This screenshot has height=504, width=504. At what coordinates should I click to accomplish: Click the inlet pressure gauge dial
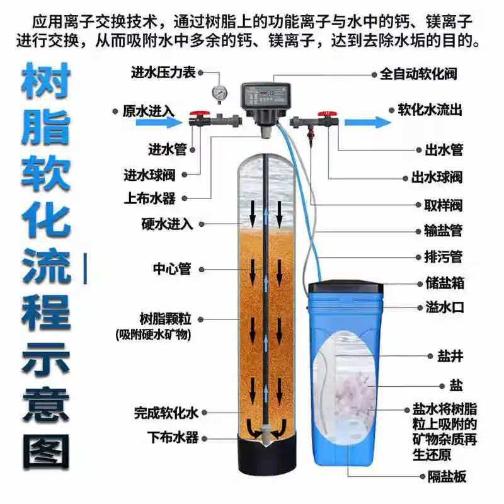click(220, 92)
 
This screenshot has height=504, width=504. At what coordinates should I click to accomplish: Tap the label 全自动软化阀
click(418, 74)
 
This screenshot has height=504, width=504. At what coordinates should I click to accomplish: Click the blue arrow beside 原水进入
click(159, 122)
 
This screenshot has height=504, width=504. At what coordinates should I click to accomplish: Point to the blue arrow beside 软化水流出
click(368, 122)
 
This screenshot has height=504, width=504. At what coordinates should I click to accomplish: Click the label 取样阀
click(444, 205)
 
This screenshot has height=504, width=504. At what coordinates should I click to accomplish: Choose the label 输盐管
click(444, 231)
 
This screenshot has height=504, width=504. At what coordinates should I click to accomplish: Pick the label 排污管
click(444, 257)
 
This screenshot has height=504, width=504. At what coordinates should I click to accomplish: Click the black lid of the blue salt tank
click(345, 287)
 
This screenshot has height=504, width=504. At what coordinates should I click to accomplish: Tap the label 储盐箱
click(445, 283)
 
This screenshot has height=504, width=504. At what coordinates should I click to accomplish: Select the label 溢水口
click(445, 307)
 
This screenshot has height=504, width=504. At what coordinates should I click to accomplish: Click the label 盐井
click(450, 356)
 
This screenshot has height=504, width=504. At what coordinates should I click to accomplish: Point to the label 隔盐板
click(447, 476)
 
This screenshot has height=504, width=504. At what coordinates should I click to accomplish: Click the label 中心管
click(172, 269)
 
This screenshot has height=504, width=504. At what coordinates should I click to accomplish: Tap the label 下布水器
click(173, 438)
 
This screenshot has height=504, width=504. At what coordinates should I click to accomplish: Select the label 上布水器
click(150, 198)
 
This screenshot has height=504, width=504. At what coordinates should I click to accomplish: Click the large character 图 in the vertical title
click(45, 452)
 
